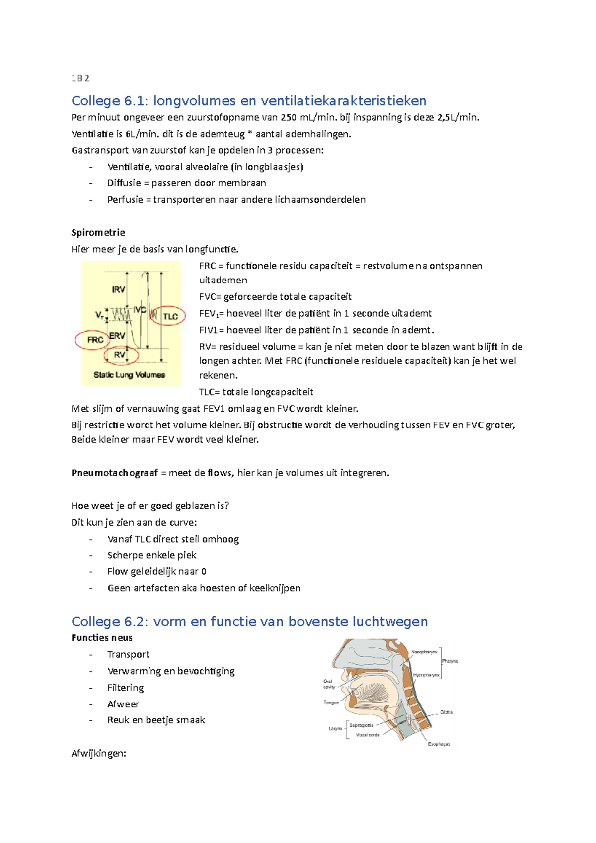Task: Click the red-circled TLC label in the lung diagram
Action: click(x=170, y=316)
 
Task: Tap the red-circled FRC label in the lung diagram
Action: click(x=95, y=340)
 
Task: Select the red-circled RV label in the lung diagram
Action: click(x=120, y=355)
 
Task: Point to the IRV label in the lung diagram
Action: click(x=118, y=289)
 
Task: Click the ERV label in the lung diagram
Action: click(x=117, y=336)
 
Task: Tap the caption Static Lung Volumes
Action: click(x=129, y=375)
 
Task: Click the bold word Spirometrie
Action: click(x=98, y=232)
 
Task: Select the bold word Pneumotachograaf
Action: click(x=114, y=473)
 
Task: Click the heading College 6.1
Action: click(x=109, y=101)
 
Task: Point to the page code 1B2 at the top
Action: click(x=80, y=78)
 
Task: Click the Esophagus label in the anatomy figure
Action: click(x=439, y=744)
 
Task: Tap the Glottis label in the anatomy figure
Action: click(x=446, y=712)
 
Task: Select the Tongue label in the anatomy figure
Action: click(x=331, y=702)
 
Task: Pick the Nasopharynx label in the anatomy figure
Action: click(x=424, y=652)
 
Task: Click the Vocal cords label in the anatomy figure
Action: click(x=368, y=735)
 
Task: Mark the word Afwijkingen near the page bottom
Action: click(x=98, y=753)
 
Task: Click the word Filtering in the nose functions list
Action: click(x=125, y=688)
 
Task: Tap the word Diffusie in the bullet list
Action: click(x=124, y=183)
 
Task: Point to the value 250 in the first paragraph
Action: click(x=289, y=117)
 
